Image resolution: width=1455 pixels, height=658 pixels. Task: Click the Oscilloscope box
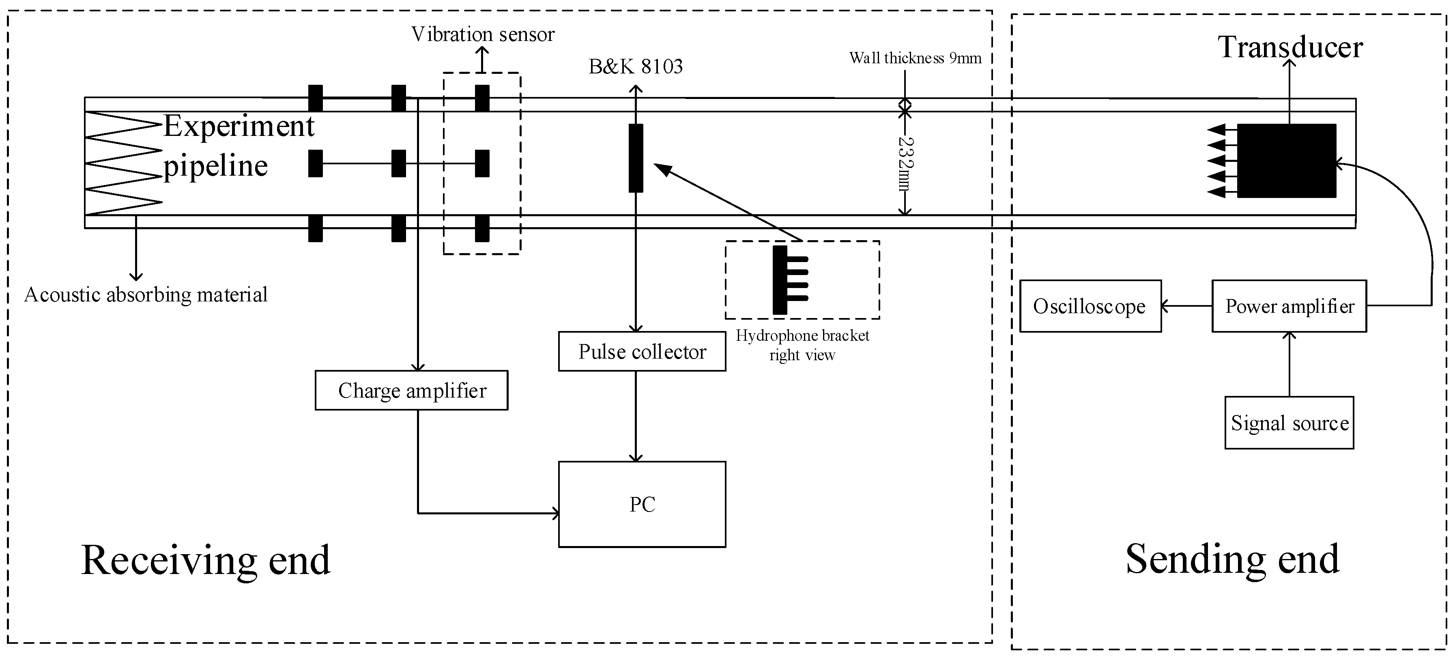pos(1090,306)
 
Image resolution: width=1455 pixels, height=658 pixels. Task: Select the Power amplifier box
pos(1289,306)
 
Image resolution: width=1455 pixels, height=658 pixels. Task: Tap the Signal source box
pos(1289,423)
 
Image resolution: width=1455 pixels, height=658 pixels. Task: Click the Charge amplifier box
pos(411,390)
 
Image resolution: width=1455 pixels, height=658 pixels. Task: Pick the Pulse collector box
pos(642,351)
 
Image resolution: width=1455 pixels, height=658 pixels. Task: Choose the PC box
pos(642,504)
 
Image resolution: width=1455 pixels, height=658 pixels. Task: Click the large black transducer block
pos(1286,161)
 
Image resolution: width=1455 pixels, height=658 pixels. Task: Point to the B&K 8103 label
pos(636,67)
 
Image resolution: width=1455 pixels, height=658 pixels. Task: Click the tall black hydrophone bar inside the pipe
pos(636,158)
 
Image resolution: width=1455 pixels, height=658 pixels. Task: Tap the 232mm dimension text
pos(905,164)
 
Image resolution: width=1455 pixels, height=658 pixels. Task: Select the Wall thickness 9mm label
pos(915,58)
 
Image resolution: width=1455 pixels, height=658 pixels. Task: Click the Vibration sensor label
pos(483,34)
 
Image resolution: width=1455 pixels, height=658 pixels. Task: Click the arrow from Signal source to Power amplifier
pos(1289,364)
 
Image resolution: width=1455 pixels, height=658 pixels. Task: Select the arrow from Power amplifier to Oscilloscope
pos(1186,306)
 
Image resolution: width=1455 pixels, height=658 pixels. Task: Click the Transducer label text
pos(1290,47)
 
